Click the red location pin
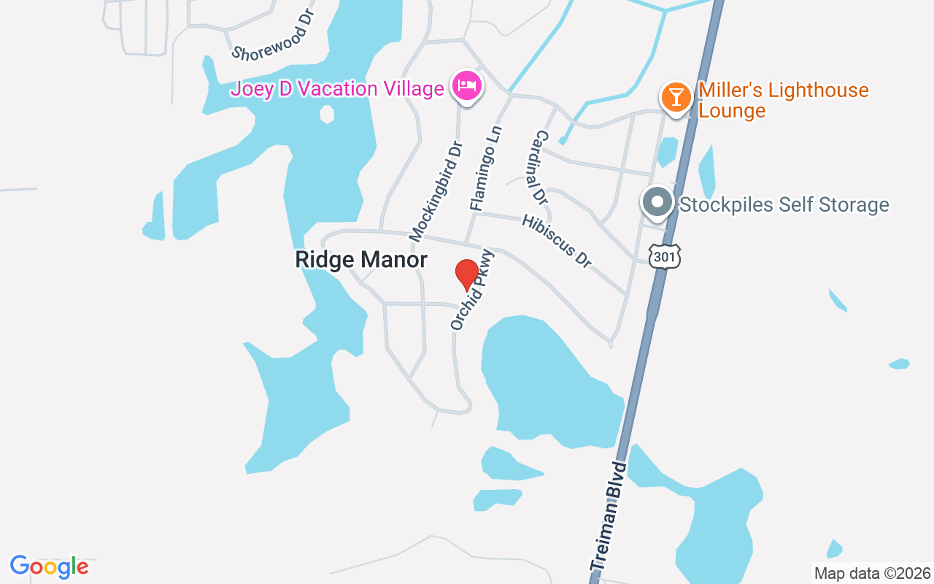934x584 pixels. click(467, 275)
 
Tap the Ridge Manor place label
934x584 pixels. click(361, 260)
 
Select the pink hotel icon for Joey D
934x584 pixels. click(466, 87)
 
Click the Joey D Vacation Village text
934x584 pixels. click(337, 89)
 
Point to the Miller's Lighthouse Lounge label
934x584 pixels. click(783, 100)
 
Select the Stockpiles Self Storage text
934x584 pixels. click(784, 204)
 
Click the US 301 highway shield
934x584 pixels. click(665, 255)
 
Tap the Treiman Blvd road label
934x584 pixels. click(609, 515)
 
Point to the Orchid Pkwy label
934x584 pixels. click(473, 290)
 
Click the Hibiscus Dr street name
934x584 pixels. click(556, 241)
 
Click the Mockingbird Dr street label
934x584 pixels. click(436, 191)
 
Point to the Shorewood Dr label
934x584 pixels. click(271, 36)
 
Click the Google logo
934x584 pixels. click(50, 566)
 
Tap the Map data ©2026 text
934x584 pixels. click(872, 573)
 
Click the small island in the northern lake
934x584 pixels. click(327, 114)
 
